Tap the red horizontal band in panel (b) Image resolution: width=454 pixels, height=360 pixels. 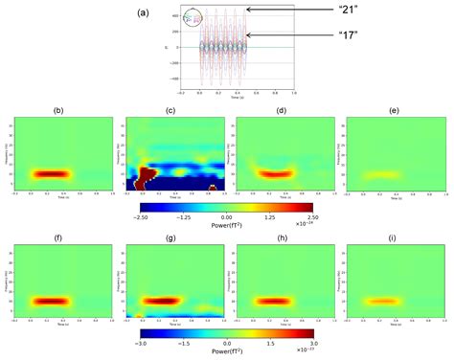[x=58, y=173]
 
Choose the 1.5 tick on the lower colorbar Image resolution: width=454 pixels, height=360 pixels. [x=269, y=340]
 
